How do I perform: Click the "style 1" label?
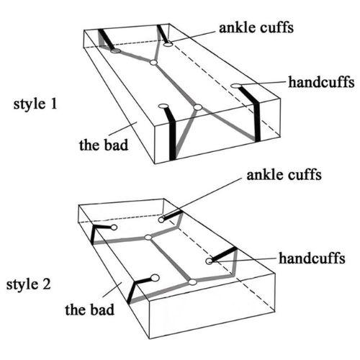tap(35, 104)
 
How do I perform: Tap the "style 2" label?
tap(29, 284)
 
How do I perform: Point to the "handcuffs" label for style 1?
tap(321, 82)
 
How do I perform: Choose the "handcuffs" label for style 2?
tap(312, 258)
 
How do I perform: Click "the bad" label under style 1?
tap(104, 145)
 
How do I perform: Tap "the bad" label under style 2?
tap(89, 310)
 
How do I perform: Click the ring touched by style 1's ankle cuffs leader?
tap(168, 44)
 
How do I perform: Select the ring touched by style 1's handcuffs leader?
tap(236, 86)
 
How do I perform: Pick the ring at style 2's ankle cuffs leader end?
tap(161, 220)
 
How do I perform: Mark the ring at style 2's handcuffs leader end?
tap(210, 261)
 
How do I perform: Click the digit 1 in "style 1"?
tap(54, 104)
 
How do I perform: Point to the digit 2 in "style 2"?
tap(47, 284)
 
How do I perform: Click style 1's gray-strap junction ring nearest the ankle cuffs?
tap(153, 63)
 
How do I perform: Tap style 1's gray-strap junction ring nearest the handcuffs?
tap(197, 107)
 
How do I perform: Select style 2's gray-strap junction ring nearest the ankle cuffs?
tap(148, 238)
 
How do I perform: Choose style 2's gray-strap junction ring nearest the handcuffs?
tap(192, 282)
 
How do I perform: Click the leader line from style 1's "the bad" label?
tap(123, 128)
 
